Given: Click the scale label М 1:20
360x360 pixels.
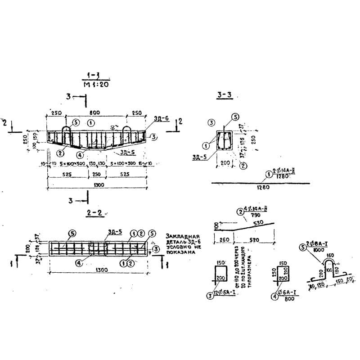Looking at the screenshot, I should point(96,84).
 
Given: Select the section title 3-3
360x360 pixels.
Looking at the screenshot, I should point(224,95).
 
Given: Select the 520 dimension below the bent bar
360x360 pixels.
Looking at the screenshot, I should point(254,240).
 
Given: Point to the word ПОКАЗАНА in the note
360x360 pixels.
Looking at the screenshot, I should point(181,252).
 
